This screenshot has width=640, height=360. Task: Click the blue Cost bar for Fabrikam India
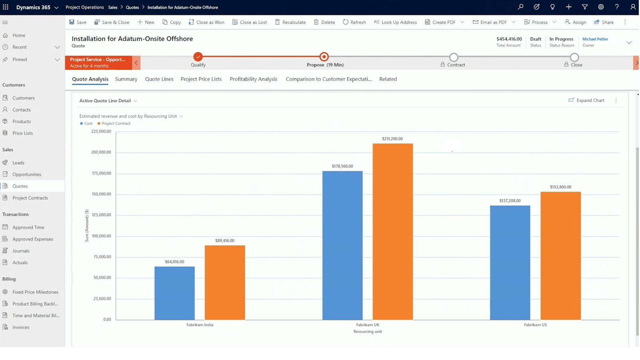(x=174, y=293)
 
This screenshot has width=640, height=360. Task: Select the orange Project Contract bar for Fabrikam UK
(x=392, y=232)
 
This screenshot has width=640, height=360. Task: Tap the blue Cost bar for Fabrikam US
(x=510, y=262)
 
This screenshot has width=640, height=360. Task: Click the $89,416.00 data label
(x=224, y=241)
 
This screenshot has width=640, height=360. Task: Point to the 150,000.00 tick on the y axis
(x=101, y=194)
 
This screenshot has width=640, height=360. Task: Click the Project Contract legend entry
(x=116, y=124)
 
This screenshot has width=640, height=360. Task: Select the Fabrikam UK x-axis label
(x=367, y=325)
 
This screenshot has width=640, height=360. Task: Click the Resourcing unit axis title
(x=367, y=332)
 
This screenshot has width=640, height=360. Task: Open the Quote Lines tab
(x=159, y=79)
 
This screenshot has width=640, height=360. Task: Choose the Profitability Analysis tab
(x=253, y=79)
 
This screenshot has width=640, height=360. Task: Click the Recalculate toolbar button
(x=290, y=22)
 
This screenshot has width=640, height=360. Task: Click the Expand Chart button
(x=586, y=100)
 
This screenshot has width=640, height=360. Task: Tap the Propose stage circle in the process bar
(x=324, y=57)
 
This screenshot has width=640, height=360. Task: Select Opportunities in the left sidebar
(x=26, y=174)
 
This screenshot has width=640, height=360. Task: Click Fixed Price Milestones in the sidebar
(x=35, y=292)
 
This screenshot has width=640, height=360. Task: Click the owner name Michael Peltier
(x=595, y=39)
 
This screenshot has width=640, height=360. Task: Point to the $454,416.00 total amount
(x=509, y=39)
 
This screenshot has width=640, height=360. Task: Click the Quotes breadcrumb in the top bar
(x=132, y=7)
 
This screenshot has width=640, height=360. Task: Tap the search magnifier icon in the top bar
(x=520, y=7)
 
